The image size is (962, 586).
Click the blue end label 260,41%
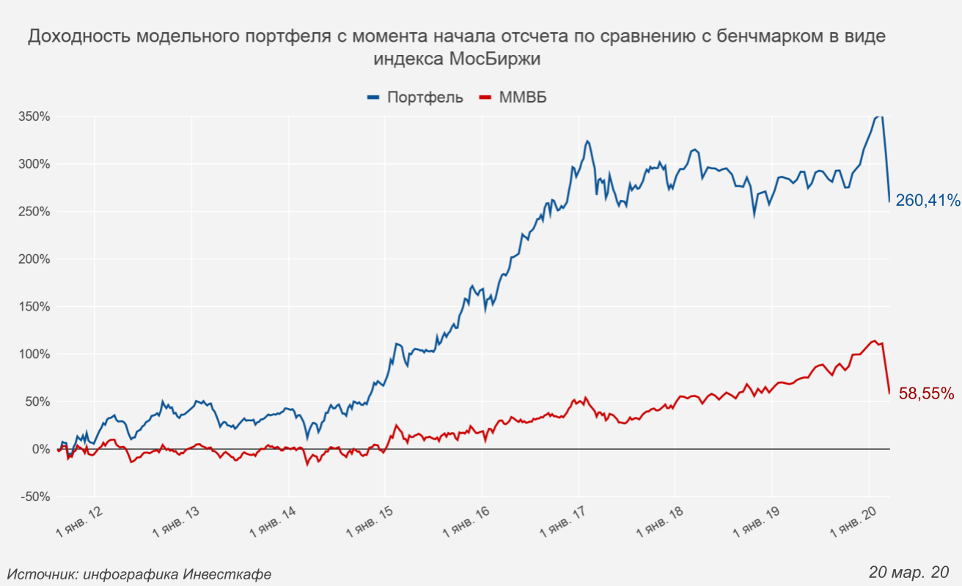click(x=928, y=200)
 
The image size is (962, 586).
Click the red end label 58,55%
click(x=926, y=393)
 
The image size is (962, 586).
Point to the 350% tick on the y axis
click(x=34, y=116)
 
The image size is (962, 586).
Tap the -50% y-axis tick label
click(x=35, y=497)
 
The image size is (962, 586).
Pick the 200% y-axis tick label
click(x=34, y=259)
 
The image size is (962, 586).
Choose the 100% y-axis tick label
click(x=34, y=354)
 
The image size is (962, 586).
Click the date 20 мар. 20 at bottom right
click(x=909, y=571)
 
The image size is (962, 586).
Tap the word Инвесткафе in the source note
click(x=227, y=574)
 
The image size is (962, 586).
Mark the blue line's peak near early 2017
click(x=587, y=141)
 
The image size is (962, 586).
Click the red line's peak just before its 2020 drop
click(x=873, y=341)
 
